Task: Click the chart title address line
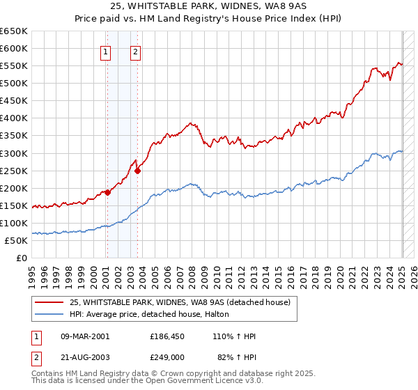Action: (x=209, y=6)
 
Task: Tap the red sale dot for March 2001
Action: (x=108, y=193)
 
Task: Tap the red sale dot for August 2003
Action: (x=138, y=171)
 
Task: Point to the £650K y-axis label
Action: (x=15, y=31)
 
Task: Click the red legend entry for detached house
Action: (x=184, y=302)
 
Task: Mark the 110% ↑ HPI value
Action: (x=237, y=336)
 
